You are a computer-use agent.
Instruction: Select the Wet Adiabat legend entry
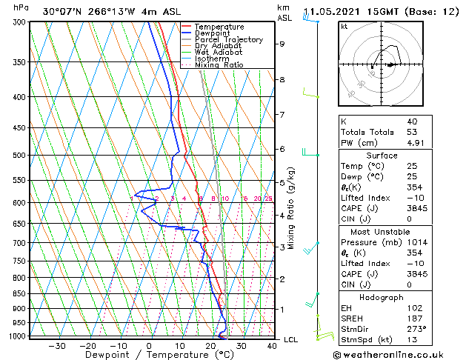click(219, 52)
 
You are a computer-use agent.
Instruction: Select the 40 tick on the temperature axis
click(272, 345)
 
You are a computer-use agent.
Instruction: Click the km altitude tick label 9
click(282, 44)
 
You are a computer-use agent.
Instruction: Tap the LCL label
click(290, 340)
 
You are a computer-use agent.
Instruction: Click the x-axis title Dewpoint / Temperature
click(150, 355)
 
